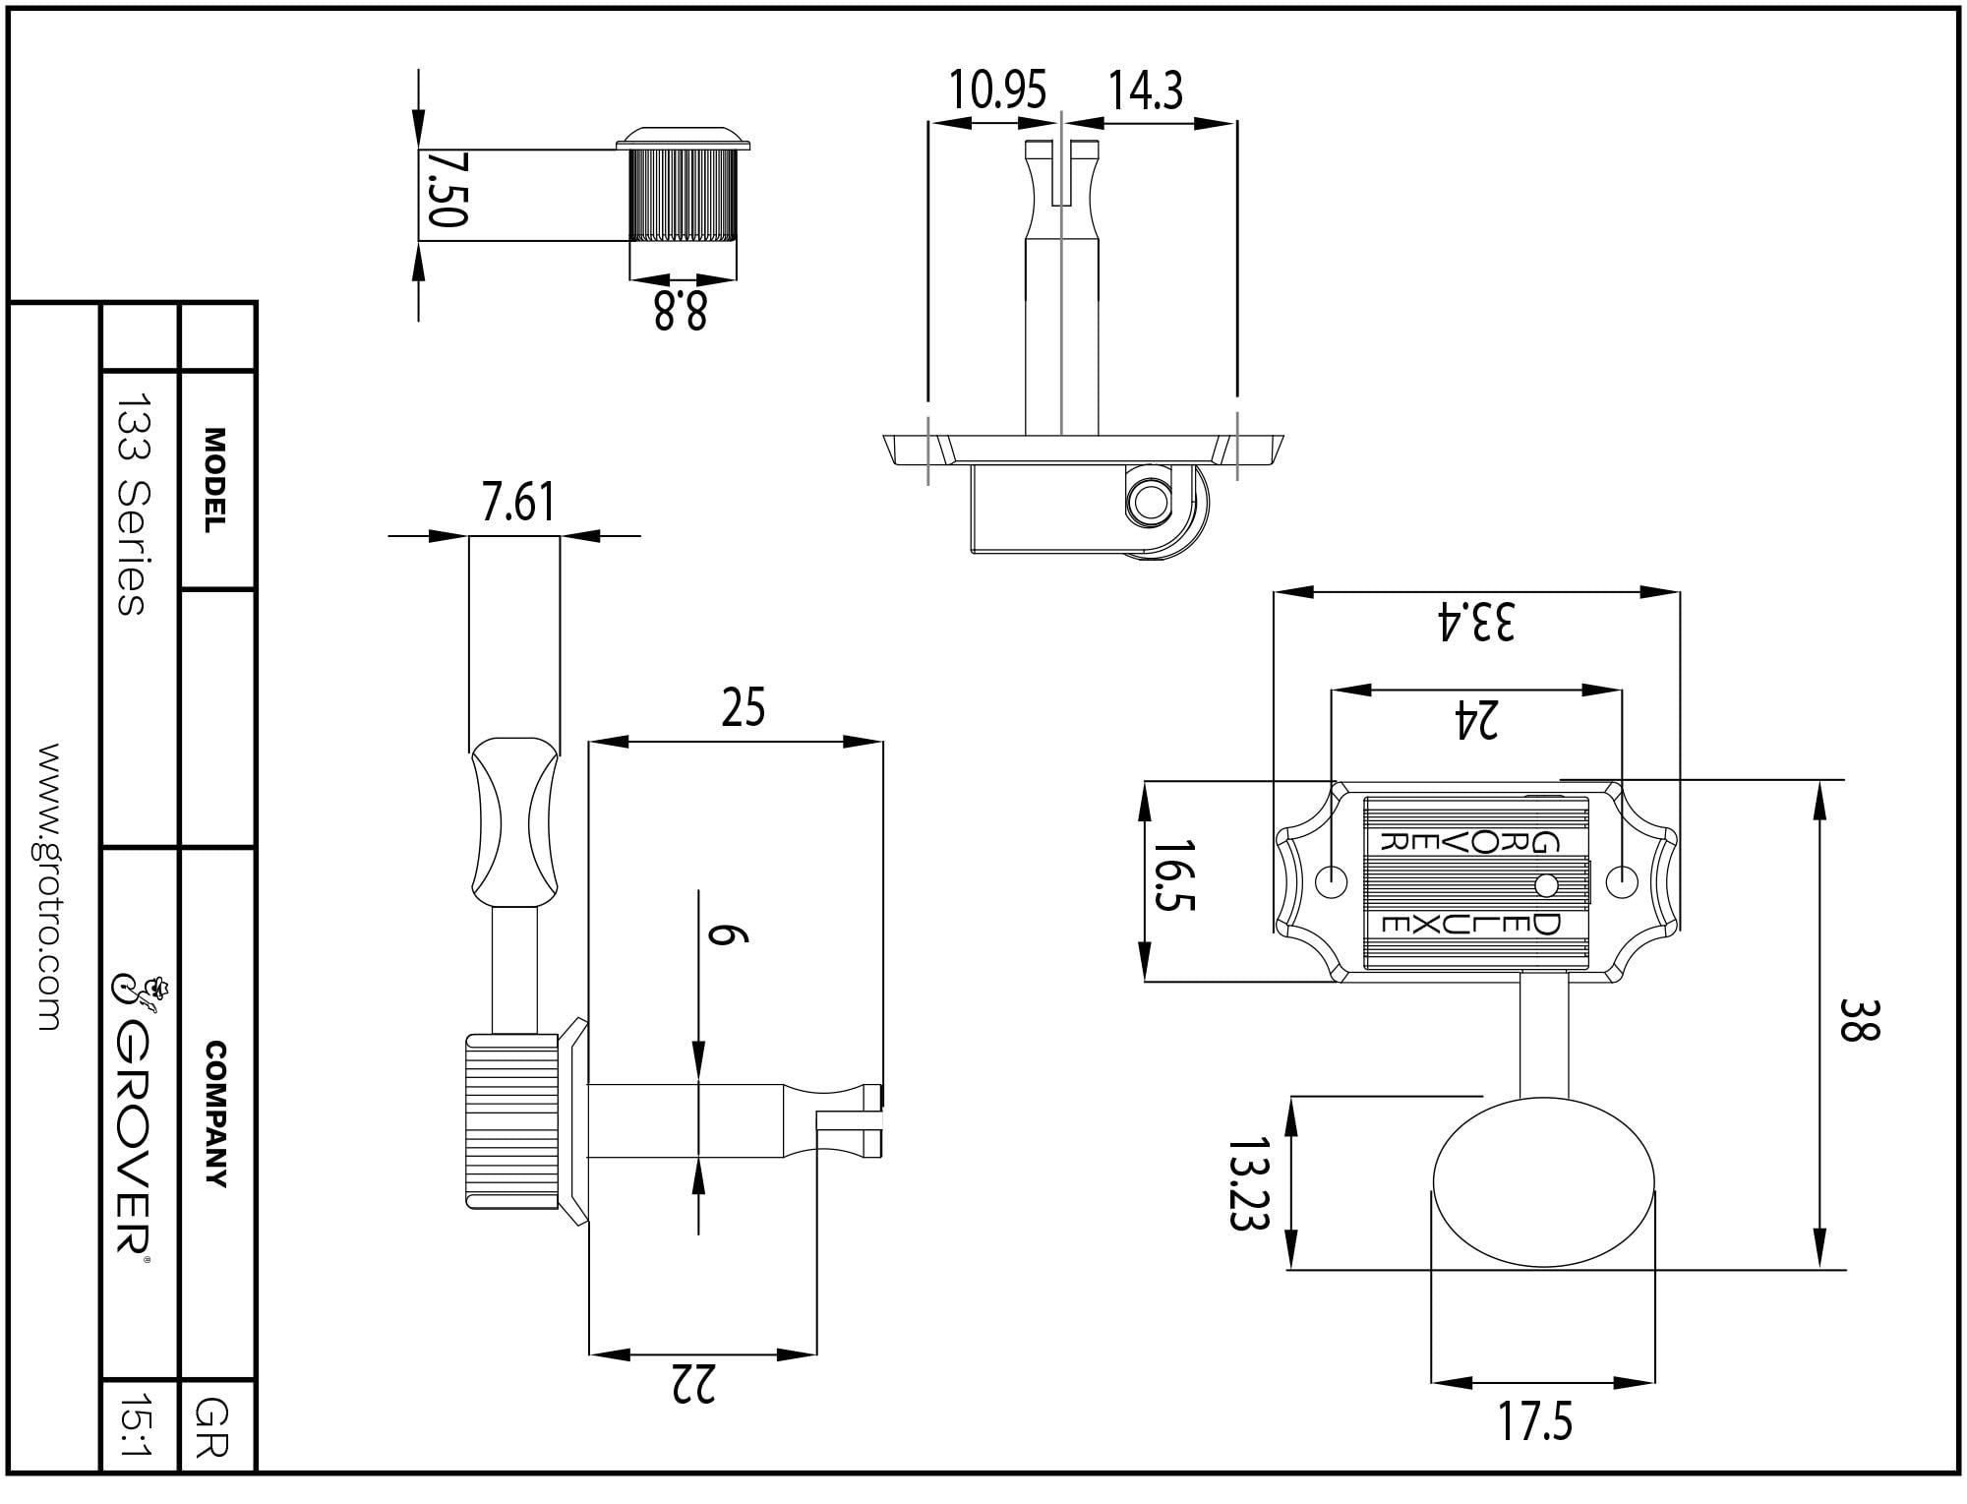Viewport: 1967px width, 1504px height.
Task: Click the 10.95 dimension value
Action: [x=997, y=90]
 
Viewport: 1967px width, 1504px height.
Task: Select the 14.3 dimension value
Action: [x=1146, y=90]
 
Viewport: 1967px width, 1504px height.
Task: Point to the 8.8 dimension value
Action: [x=681, y=311]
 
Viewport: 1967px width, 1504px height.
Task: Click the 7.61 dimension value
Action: [x=517, y=502]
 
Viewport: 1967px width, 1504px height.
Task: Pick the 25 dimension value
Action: [x=743, y=707]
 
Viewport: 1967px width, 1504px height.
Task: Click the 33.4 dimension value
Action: [x=1476, y=621]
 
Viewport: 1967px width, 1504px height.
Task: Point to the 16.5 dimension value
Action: [x=1173, y=875]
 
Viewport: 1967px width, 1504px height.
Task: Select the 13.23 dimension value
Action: [x=1249, y=1183]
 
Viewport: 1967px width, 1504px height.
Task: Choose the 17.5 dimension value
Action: [x=1535, y=1421]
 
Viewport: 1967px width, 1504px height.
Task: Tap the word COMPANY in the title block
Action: [x=215, y=1114]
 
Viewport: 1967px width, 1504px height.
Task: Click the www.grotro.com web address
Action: [x=48, y=886]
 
